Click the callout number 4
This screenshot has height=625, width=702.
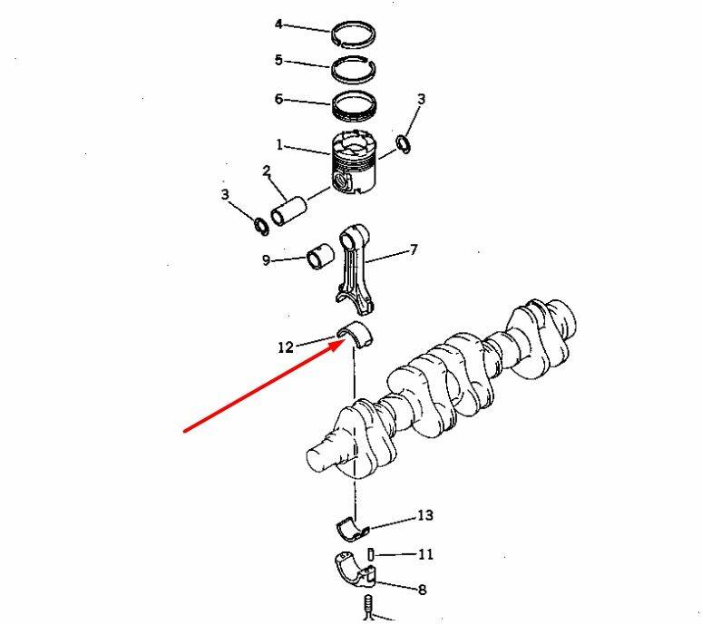pyautogui.click(x=278, y=24)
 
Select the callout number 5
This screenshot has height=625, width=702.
pyautogui.click(x=278, y=60)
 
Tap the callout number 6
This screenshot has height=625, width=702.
pyautogui.click(x=278, y=99)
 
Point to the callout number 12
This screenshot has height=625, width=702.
pyautogui.click(x=285, y=347)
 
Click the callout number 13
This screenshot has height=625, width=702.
pyautogui.click(x=425, y=515)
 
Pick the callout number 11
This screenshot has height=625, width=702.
pyautogui.click(x=425, y=554)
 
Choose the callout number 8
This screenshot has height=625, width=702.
pyautogui.click(x=422, y=590)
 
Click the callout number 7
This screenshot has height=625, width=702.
pyautogui.click(x=414, y=249)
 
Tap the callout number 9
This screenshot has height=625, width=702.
pyautogui.click(x=266, y=260)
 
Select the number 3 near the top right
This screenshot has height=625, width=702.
pyautogui.click(x=421, y=99)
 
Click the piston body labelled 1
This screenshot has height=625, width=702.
pyautogui.click(x=353, y=162)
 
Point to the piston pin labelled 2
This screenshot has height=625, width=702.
pyautogui.click(x=288, y=211)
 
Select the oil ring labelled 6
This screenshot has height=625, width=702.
pyautogui.click(x=354, y=106)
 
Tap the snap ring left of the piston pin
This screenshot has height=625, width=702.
pyautogui.click(x=261, y=227)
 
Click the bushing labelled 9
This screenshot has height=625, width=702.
pyautogui.click(x=320, y=258)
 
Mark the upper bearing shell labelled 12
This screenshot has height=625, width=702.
pyautogui.click(x=355, y=333)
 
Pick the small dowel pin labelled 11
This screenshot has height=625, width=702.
pyautogui.click(x=370, y=554)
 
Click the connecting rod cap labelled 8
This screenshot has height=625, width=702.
pyautogui.click(x=355, y=571)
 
